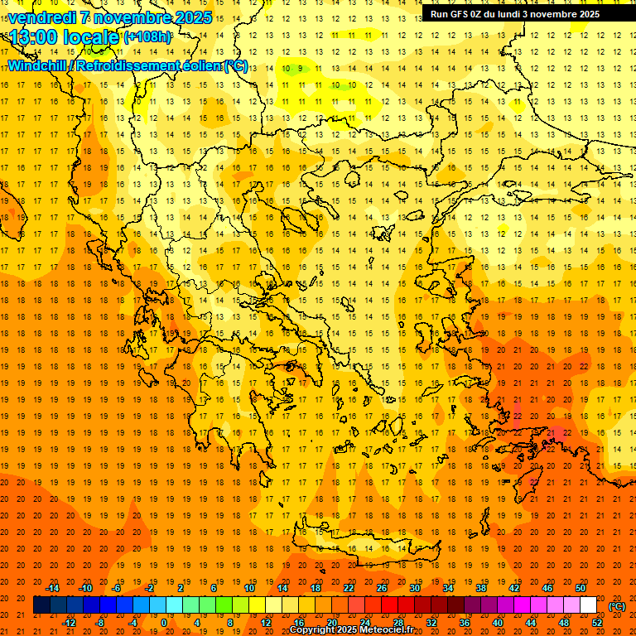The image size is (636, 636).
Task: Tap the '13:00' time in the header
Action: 32,37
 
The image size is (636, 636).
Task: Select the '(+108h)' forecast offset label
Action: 148,37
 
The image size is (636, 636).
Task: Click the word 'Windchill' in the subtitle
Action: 38,66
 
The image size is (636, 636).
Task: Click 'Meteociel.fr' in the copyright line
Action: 387,630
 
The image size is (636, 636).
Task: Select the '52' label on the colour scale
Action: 597,623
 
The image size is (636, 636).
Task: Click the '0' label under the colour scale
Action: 164,623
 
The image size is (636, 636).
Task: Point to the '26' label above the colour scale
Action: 382,587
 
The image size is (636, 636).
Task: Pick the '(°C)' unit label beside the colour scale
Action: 616,606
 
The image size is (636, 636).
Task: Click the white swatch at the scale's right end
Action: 588,605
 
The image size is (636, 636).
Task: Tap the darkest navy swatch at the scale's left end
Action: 41,605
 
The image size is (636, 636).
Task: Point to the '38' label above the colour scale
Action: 481,587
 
